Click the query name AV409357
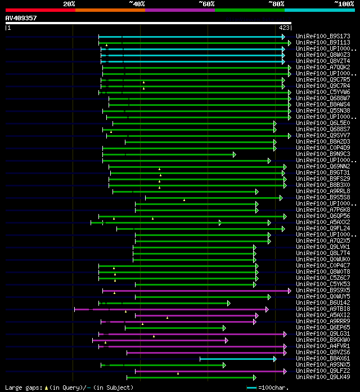pos(21,18)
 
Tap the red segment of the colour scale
pos(40,10)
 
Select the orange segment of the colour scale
pos(110,10)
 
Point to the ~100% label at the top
pos(343,3)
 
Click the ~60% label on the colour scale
pos(206,3)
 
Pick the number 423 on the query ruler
pos(283,27)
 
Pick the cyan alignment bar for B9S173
pos(191,37)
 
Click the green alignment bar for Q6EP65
pos(174,328)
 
